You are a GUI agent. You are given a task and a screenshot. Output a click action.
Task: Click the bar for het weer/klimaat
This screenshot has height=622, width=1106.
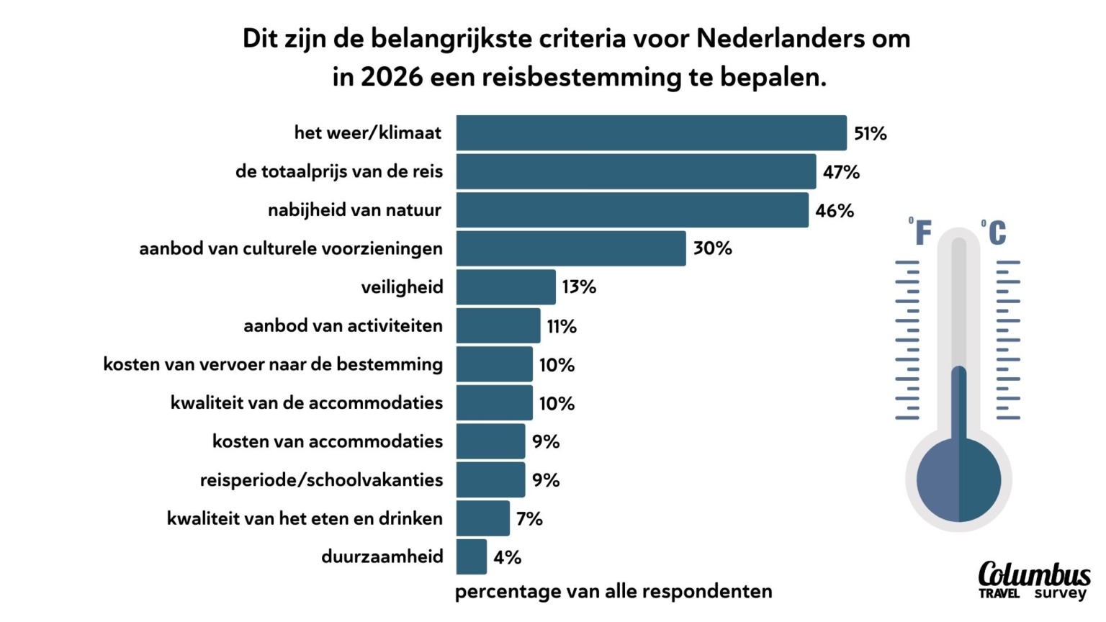pyautogui.click(x=651, y=133)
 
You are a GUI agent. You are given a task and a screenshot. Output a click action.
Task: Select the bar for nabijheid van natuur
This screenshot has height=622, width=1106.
pyautogui.click(x=632, y=210)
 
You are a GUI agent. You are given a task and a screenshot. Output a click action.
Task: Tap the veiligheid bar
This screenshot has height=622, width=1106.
pyautogui.click(x=505, y=287)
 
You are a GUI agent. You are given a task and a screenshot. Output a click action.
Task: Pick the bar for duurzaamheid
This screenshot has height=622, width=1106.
pyautogui.click(x=471, y=557)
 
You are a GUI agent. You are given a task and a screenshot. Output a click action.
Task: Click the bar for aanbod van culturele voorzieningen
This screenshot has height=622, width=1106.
pyautogui.click(x=571, y=248)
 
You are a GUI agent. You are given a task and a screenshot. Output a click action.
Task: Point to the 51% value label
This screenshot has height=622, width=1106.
pyautogui.click(x=870, y=134)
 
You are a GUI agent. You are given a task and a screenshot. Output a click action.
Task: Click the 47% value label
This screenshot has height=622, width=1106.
pyautogui.click(x=841, y=172)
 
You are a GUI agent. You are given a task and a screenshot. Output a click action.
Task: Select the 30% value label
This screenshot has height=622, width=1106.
pyautogui.click(x=712, y=249)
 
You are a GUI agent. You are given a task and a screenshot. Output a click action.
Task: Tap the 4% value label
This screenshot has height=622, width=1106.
pyautogui.click(x=507, y=557)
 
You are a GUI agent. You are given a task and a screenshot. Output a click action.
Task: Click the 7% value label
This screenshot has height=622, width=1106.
pyautogui.click(x=529, y=519)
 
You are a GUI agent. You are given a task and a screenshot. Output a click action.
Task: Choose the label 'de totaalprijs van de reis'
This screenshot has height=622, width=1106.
pyautogui.click(x=338, y=172)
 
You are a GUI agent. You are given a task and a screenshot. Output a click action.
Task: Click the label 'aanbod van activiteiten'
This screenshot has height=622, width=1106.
pyautogui.click(x=343, y=326)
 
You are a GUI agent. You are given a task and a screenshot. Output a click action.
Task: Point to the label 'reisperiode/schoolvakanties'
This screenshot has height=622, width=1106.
pyautogui.click(x=321, y=480)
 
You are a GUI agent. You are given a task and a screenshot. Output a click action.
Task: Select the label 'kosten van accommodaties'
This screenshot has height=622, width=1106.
pyautogui.click(x=327, y=441)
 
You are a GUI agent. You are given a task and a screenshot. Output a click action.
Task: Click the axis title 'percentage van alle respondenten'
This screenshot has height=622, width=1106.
pyautogui.click(x=613, y=592)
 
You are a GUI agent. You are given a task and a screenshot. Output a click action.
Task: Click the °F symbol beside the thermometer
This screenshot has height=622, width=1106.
pyautogui.click(x=921, y=233)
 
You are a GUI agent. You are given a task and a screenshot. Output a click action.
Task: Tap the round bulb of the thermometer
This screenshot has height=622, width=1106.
pyautogui.click(x=958, y=479)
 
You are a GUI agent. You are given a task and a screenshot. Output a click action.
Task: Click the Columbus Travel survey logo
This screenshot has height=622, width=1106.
pyautogui.click(x=1033, y=580)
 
